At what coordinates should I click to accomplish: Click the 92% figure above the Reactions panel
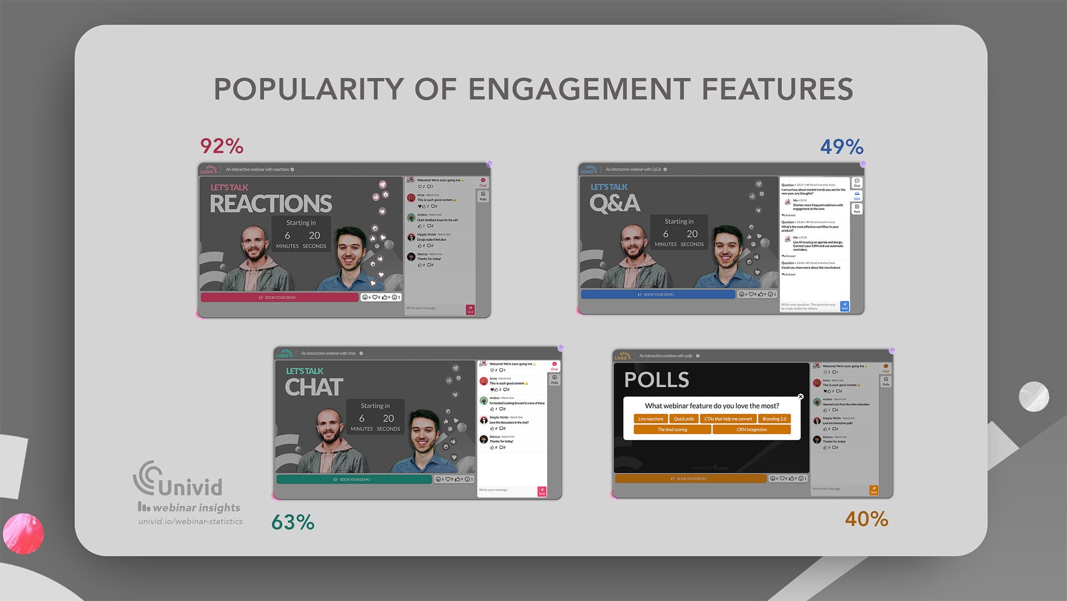[222, 146]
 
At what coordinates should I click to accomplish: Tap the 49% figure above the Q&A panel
[841, 147]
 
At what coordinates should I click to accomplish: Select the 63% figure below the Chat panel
[293, 522]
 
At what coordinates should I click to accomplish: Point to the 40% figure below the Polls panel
[866, 519]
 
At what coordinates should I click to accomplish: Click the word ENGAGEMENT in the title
[579, 89]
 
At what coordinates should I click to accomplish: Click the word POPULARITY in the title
[308, 89]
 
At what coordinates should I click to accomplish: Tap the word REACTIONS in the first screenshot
[271, 204]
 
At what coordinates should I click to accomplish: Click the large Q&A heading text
[615, 203]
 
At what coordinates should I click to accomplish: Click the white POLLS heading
[657, 380]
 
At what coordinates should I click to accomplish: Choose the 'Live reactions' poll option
[651, 419]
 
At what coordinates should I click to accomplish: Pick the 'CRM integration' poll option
[751, 430]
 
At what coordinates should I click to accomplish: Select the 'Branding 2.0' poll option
[774, 419]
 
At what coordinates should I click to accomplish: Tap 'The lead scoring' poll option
[672, 430]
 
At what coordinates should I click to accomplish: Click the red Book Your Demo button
[280, 298]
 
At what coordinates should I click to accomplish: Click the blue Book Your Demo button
[658, 294]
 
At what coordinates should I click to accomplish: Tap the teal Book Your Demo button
[354, 479]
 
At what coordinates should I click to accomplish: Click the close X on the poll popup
[801, 397]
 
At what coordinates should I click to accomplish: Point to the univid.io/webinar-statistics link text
[191, 521]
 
